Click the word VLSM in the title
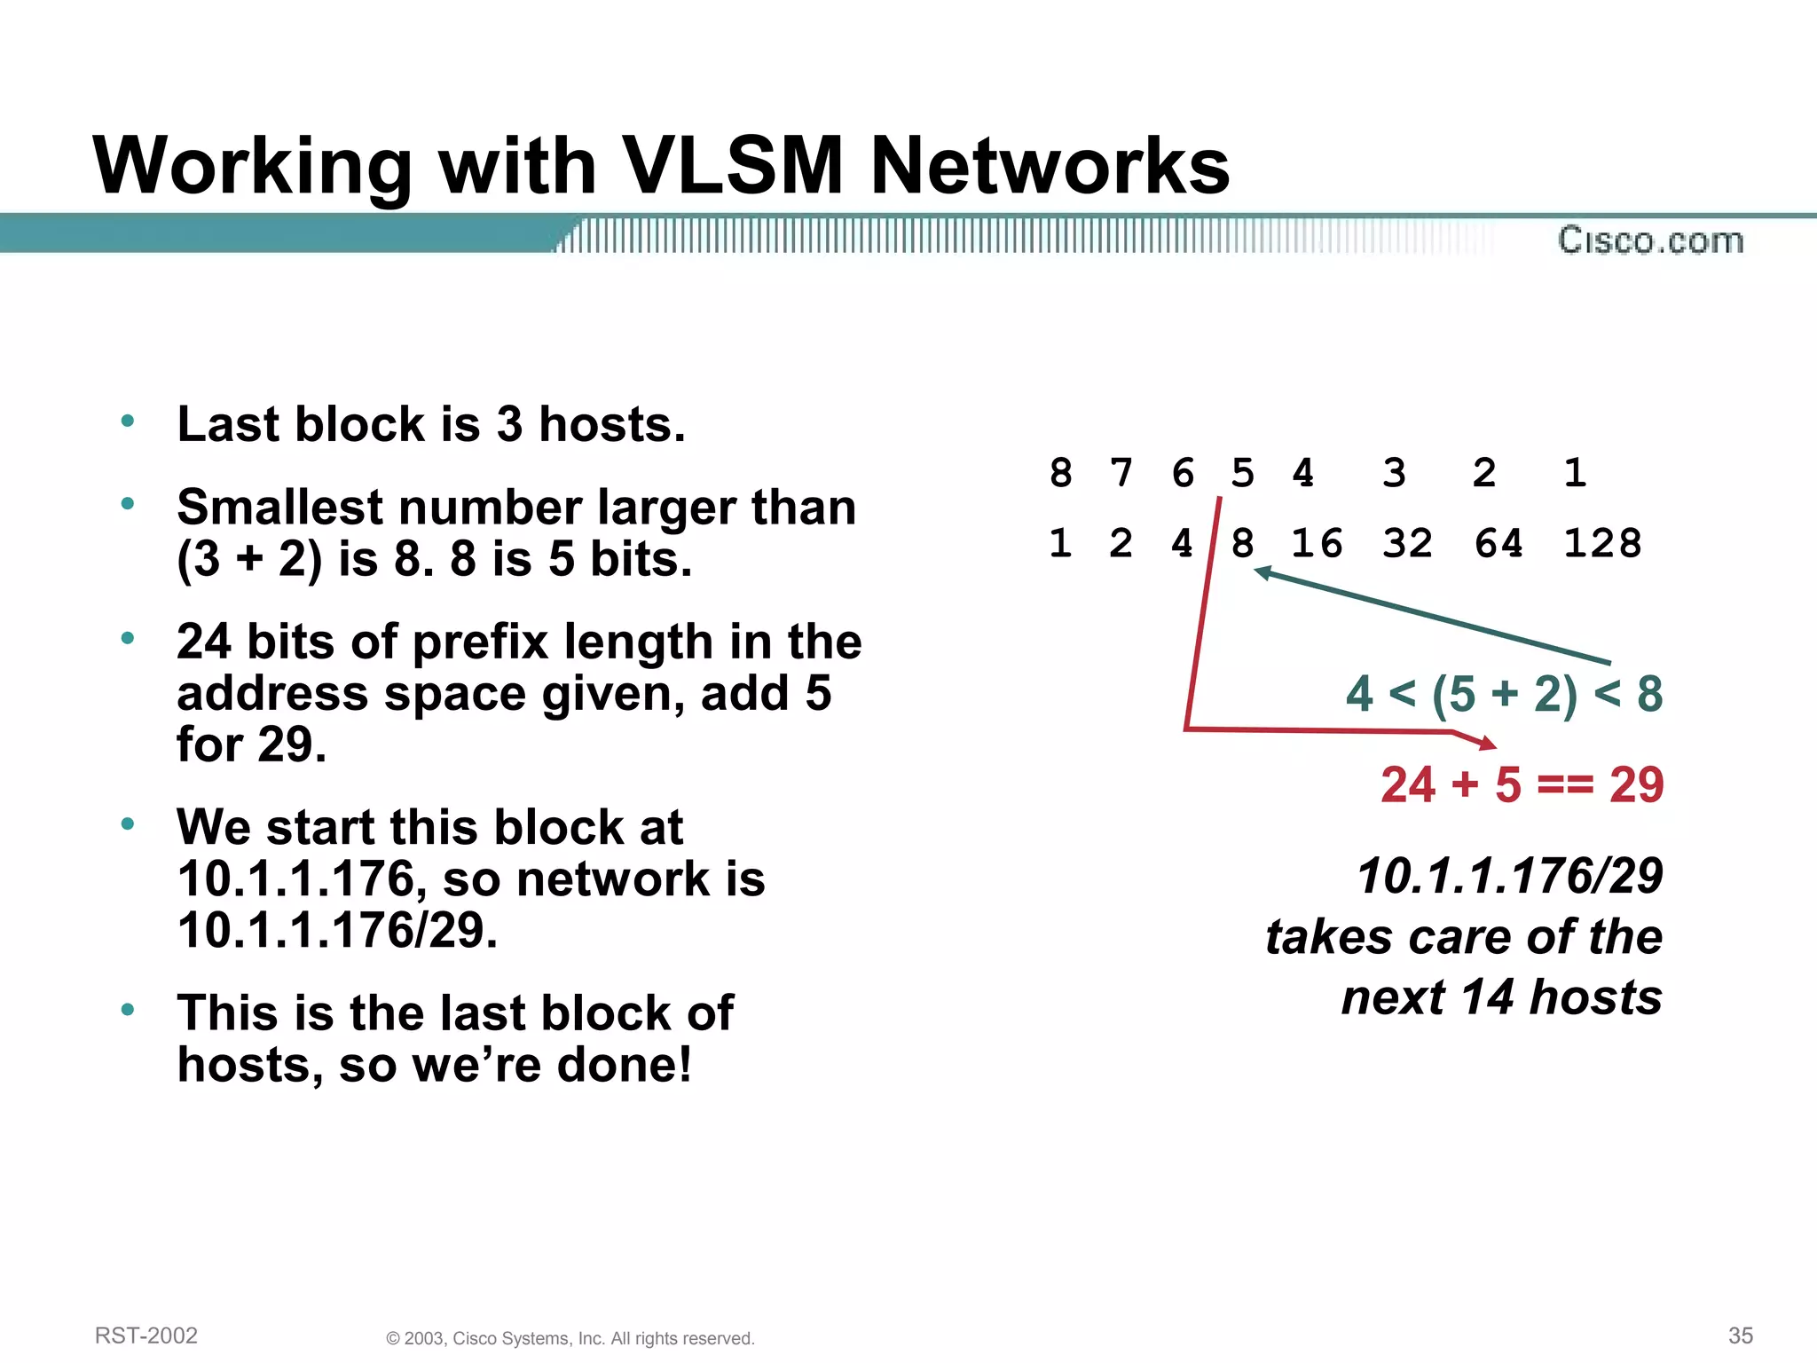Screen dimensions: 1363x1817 coord(733,166)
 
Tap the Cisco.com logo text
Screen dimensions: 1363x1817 coord(1650,240)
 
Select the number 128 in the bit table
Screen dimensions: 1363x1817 coord(1602,543)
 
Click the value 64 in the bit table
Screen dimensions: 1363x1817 coord(1498,543)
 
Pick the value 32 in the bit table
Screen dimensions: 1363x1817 coord(1407,543)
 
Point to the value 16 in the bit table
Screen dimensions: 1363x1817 coord(1317,543)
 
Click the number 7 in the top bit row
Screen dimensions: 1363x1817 coord(1121,473)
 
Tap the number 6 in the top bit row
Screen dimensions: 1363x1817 coord(1183,473)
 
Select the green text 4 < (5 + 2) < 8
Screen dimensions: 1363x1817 coord(1504,694)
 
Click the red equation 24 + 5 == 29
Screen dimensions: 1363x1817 coord(1522,784)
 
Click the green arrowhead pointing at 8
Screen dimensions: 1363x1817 coord(1263,574)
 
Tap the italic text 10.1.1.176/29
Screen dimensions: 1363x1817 coord(1509,877)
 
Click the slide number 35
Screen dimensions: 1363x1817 coord(1741,1335)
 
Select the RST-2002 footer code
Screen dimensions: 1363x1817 coord(146,1335)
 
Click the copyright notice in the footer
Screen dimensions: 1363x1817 coord(570,1338)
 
